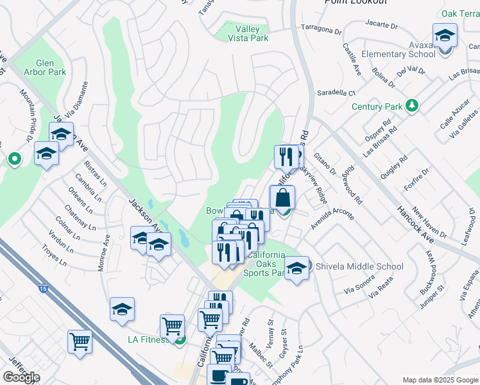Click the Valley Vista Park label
point(247,33)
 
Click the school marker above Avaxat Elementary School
point(444,35)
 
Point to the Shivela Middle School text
point(359,266)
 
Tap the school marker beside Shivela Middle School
point(296,268)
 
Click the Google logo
point(21,377)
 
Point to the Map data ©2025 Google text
point(440,380)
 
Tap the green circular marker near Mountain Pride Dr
point(13,158)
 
